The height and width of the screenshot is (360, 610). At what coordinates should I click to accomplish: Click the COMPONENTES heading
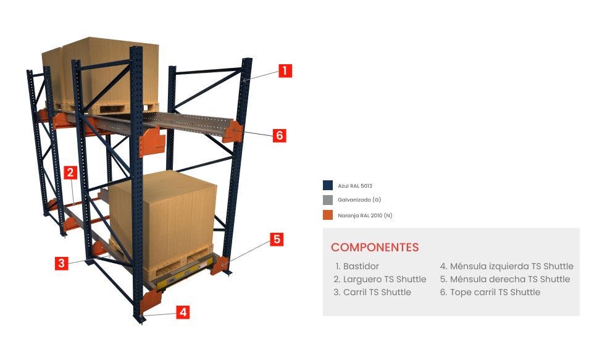coord(375,248)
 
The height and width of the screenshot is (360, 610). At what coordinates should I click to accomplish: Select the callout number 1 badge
coord(285,71)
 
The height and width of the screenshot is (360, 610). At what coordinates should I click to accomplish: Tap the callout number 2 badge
coord(70,173)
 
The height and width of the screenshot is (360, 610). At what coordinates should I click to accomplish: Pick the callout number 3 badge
coord(61,264)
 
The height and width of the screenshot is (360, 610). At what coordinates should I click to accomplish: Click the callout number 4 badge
coord(182,312)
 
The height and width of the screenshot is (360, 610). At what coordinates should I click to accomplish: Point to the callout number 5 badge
coord(277,239)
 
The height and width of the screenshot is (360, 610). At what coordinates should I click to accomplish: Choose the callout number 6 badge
coord(280,136)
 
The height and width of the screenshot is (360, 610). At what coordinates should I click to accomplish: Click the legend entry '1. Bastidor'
coord(357,266)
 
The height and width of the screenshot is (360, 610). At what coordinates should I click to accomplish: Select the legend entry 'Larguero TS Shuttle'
coord(380,279)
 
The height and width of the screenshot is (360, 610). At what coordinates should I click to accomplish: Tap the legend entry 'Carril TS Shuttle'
coord(372,292)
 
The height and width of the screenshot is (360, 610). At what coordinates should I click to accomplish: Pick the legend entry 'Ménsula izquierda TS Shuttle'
coord(506,266)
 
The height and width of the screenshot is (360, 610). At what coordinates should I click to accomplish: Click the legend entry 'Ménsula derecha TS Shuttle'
coord(504,279)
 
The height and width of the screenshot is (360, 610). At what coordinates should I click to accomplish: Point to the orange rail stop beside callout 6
coord(235,132)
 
